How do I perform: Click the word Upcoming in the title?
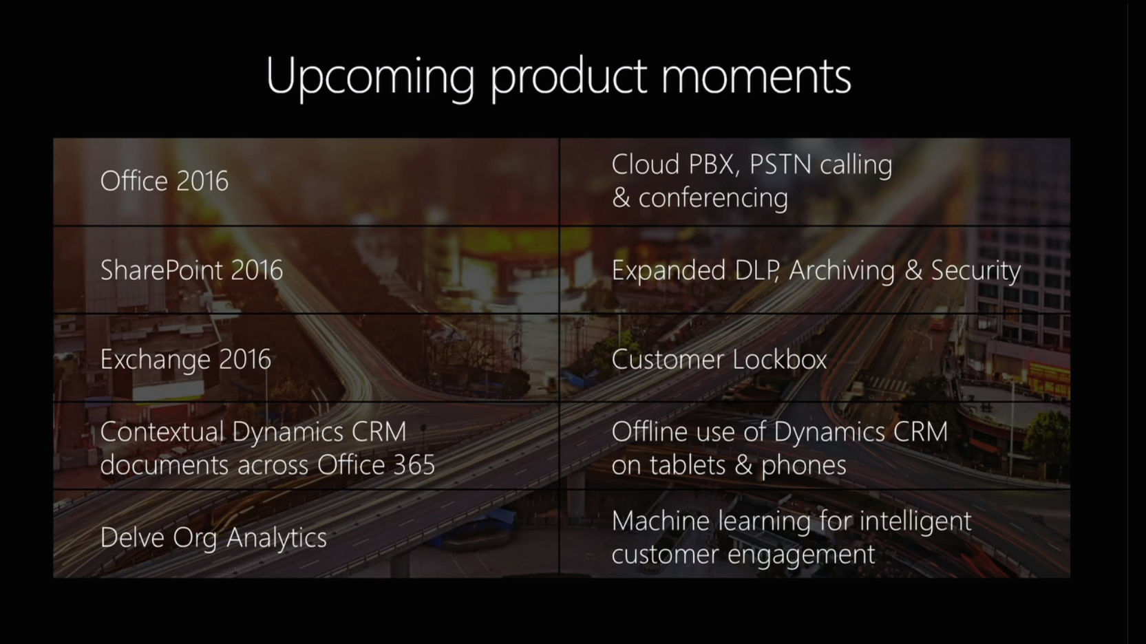pos(370,77)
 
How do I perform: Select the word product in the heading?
pos(569,77)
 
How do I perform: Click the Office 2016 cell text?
pos(165,180)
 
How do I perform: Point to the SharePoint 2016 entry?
pos(191,270)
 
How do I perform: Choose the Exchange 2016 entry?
pos(186,359)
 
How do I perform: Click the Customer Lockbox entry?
pos(719,359)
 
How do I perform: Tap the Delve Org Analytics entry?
pos(213,537)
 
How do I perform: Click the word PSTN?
pos(780,164)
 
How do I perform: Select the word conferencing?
pos(713,198)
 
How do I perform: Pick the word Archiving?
pos(842,270)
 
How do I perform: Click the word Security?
pos(975,270)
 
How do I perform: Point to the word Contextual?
pos(162,431)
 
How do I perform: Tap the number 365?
pos(414,465)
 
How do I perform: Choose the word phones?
pos(804,466)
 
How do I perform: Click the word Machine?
pos(660,522)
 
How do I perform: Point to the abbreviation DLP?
pos(757,270)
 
